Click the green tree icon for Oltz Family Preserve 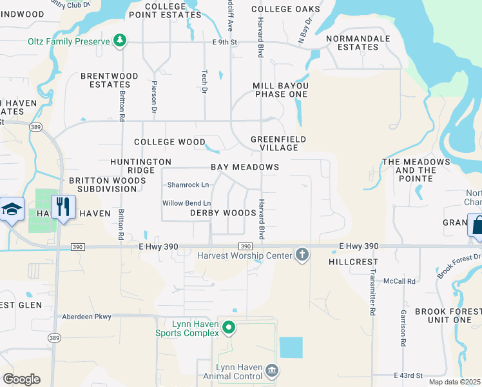[119, 41]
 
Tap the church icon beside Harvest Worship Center [302, 255]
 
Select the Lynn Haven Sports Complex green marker [228, 329]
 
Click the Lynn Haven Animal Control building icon [273, 370]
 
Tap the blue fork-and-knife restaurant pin [63, 208]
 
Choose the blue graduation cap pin [12, 209]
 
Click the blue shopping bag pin [477, 226]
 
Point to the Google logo [21, 379]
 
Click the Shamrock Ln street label [188, 185]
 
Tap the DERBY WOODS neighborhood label [223, 213]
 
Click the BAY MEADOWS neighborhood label [245, 167]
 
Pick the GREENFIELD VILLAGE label [278, 143]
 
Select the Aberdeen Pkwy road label [86, 317]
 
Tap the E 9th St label [226, 43]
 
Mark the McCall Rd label [416, 281]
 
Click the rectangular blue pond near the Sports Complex [291, 348]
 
